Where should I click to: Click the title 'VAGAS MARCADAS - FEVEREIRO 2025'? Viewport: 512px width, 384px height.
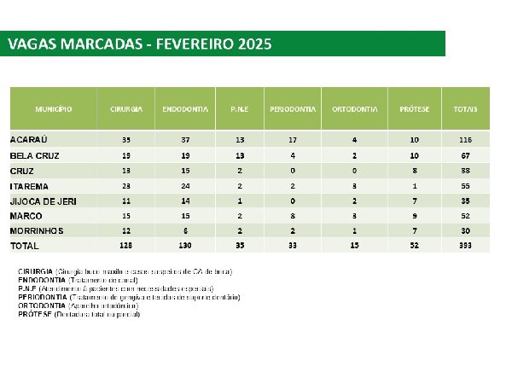tap(139, 44)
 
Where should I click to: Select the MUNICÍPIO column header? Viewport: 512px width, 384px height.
tap(53, 111)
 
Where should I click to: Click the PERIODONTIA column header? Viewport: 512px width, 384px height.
tap(293, 111)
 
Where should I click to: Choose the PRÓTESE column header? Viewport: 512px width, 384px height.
tap(413, 111)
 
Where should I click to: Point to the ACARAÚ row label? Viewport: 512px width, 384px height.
tap(30, 139)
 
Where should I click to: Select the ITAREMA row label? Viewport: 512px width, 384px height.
tap(30, 185)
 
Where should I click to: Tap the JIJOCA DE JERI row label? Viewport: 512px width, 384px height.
tap(43, 201)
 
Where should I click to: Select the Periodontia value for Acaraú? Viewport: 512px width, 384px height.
tap(293, 139)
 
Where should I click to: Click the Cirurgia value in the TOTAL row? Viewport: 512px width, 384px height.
tap(126, 246)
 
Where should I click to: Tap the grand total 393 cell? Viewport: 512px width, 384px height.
tap(465, 246)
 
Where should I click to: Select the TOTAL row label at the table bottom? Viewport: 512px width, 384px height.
tap(26, 246)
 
